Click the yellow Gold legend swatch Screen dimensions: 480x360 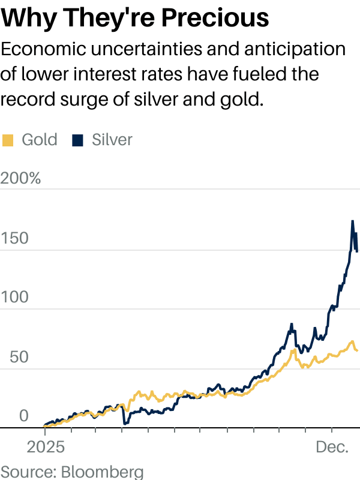tap(8, 140)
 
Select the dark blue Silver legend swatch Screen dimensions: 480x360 tap(77, 140)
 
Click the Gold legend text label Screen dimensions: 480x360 tap(40, 140)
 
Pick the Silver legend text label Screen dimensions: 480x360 tap(112, 140)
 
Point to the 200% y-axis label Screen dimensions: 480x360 tap(21, 178)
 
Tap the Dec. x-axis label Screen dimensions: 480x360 tap(332, 448)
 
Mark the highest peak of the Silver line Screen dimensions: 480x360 tap(352, 221)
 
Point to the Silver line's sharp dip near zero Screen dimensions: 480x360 tap(124, 424)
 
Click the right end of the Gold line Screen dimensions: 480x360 tap(357, 350)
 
